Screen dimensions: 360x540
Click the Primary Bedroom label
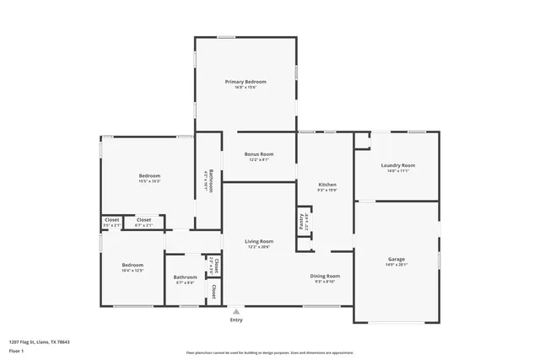pyautogui.click(x=246, y=81)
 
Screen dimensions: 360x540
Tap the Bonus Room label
pyautogui.click(x=259, y=154)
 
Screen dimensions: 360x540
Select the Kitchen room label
pyautogui.click(x=327, y=185)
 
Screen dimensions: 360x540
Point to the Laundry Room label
pyautogui.click(x=397, y=165)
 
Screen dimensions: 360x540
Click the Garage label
pyautogui.click(x=397, y=259)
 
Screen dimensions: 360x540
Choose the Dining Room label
pyautogui.click(x=325, y=276)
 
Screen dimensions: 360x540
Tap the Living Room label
pyautogui.click(x=259, y=241)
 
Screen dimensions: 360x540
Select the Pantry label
pyautogui.click(x=303, y=221)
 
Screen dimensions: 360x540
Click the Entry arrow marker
pyautogui.click(x=236, y=310)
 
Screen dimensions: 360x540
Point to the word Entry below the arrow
pyautogui.click(x=236, y=320)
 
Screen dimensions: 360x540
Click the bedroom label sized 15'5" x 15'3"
pyautogui.click(x=149, y=175)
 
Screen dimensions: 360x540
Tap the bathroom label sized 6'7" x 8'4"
pyautogui.click(x=186, y=277)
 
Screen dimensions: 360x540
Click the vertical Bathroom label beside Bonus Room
pyautogui.click(x=211, y=182)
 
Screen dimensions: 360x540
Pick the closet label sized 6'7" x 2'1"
pyautogui.click(x=144, y=219)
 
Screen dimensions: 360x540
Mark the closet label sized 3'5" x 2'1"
pyautogui.click(x=111, y=219)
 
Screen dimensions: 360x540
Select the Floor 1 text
pyautogui.click(x=16, y=348)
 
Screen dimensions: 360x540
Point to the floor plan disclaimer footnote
pyautogui.click(x=269, y=352)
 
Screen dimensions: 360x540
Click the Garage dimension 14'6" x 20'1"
pyautogui.click(x=397, y=264)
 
